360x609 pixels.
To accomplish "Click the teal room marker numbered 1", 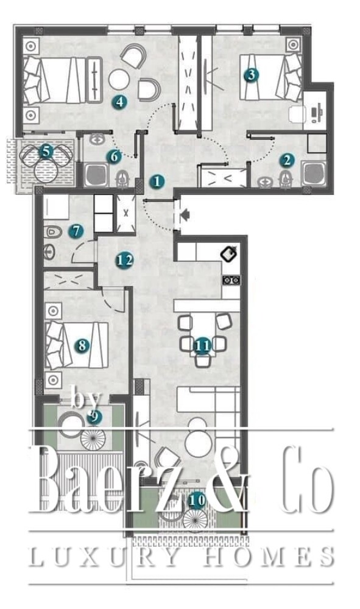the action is tap(157, 181).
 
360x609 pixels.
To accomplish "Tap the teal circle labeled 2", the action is tap(287, 160).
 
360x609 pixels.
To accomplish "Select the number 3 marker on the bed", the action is tap(251, 74).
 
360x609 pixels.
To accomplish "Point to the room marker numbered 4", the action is tap(119, 102).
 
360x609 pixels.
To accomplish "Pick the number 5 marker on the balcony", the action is tap(46, 151).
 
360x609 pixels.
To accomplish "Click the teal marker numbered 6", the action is tap(114, 157).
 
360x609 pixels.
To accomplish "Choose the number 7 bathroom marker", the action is tap(76, 231).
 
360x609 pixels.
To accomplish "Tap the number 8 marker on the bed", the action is tap(82, 345).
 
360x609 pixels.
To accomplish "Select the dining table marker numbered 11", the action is tap(202, 346).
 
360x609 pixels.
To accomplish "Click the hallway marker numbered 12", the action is tap(125, 260).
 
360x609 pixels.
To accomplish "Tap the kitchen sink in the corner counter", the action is tap(230, 255).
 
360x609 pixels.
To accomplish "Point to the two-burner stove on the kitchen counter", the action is tap(231, 280).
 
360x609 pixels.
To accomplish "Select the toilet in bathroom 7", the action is tap(52, 232).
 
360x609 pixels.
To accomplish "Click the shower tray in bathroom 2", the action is tap(314, 174).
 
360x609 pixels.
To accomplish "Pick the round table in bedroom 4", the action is tap(119, 79).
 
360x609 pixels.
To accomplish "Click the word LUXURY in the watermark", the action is tap(104, 557).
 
